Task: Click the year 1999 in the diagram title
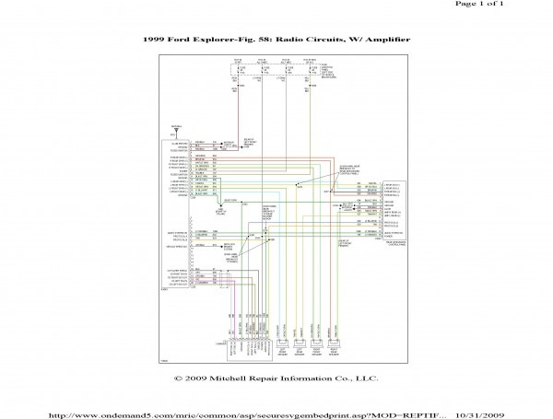pos(157,42)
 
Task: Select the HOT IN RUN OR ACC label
pos(312,60)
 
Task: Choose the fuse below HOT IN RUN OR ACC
pos(311,69)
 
